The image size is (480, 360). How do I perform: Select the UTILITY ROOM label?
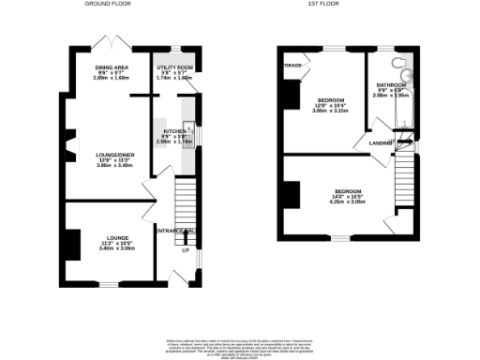point(174,68)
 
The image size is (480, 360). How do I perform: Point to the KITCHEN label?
point(175,131)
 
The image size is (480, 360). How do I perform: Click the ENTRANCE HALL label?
point(175,231)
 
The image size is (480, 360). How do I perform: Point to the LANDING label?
point(380,142)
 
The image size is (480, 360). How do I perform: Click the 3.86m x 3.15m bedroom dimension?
point(330,111)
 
